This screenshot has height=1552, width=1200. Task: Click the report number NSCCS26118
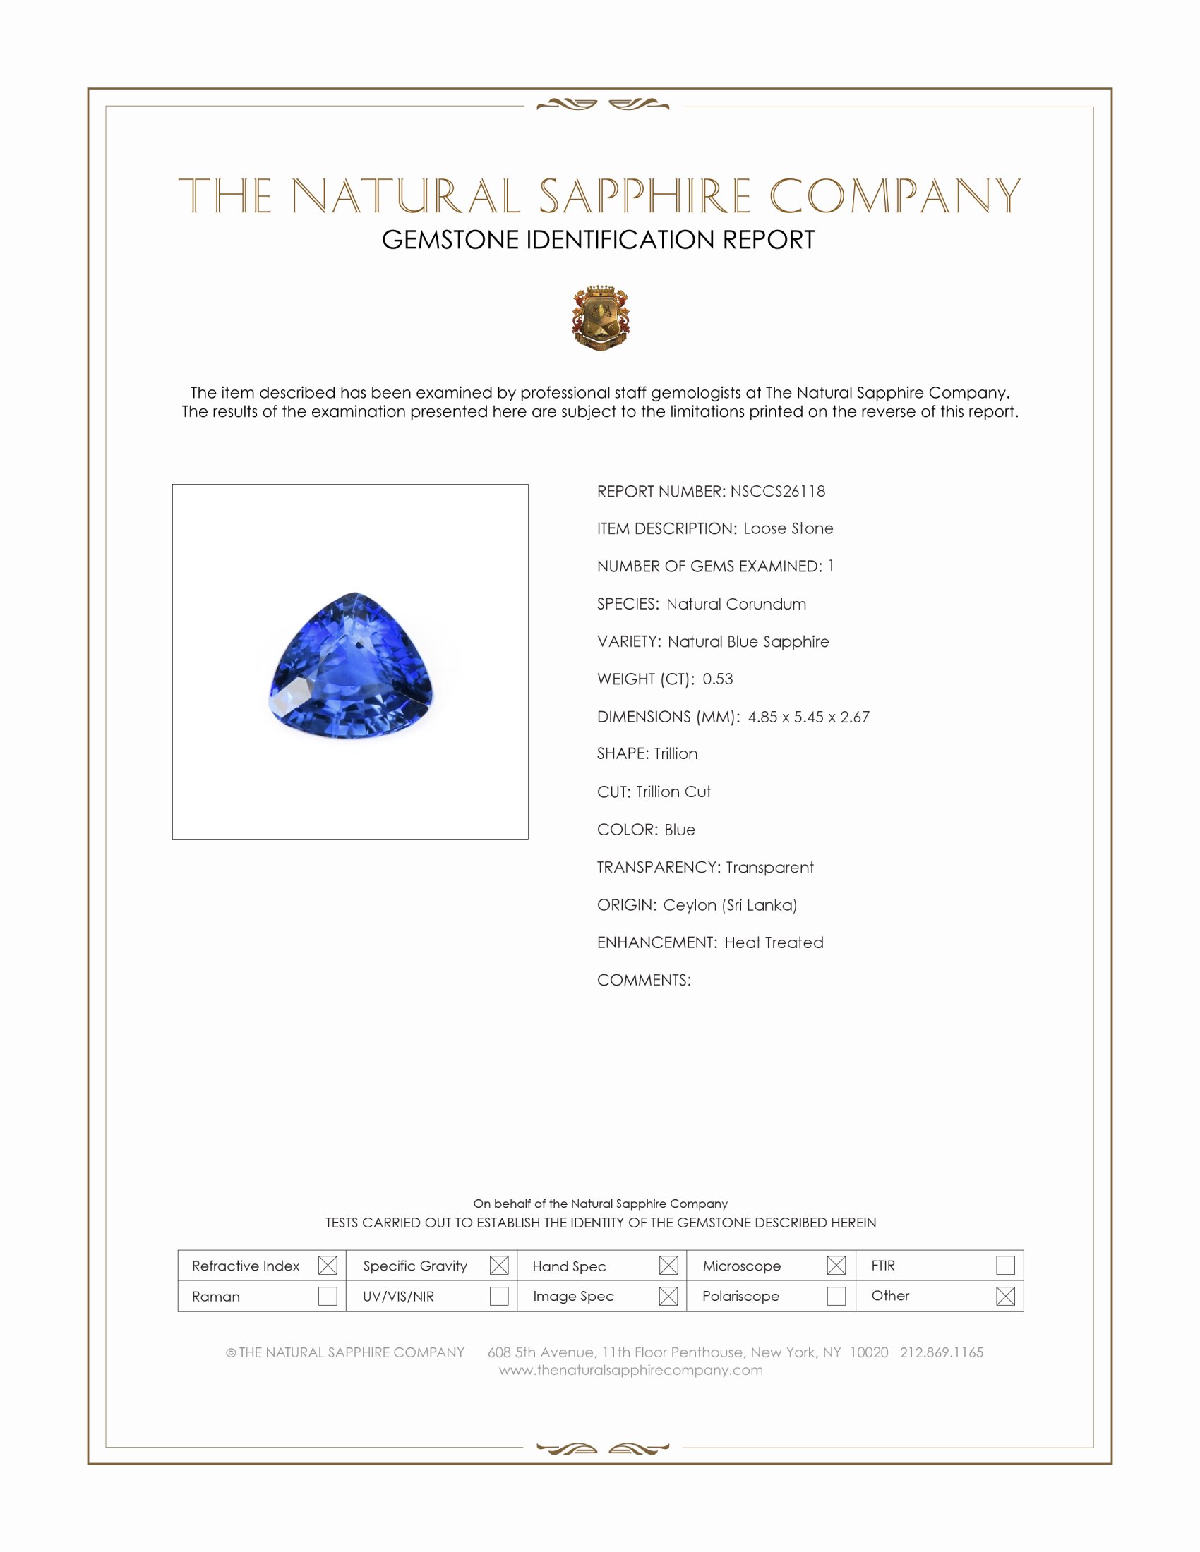coord(777,492)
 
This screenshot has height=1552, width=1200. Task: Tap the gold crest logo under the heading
coord(601,317)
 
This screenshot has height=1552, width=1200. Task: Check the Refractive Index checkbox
coord(327,1265)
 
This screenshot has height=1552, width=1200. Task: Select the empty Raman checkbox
coord(327,1296)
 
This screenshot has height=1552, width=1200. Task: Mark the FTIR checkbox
coord(1005,1265)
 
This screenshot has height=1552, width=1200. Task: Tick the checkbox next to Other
coord(1005,1296)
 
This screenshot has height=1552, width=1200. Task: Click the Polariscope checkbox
coord(836,1296)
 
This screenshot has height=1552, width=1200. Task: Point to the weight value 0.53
coord(717,679)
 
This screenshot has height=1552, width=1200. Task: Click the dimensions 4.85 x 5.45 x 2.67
coord(808,717)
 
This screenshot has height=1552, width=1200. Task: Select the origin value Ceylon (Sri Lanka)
coord(730,905)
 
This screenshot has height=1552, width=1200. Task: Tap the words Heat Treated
coord(774,943)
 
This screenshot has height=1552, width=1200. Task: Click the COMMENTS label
coord(643,981)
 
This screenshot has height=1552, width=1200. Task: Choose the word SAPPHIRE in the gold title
coord(644,197)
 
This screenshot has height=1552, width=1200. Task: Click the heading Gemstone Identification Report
coord(598,240)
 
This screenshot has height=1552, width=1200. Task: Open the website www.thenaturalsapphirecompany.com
coord(630,1370)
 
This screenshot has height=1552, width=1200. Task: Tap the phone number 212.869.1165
coord(941,1352)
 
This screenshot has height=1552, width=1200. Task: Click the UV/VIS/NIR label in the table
coord(398,1297)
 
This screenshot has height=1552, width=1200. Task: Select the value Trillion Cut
coord(673,792)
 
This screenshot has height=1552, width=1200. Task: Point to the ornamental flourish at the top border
coord(602,105)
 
